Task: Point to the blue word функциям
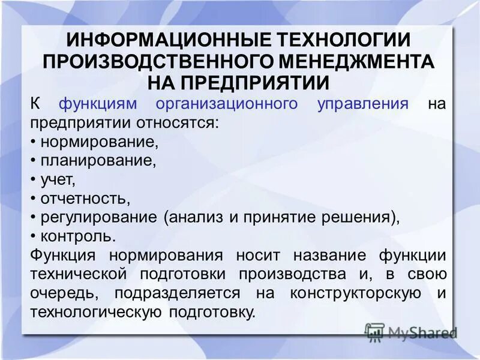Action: [98, 103]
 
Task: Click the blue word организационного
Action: [226, 103]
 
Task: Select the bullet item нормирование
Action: [100, 142]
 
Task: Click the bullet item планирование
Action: [98, 161]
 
